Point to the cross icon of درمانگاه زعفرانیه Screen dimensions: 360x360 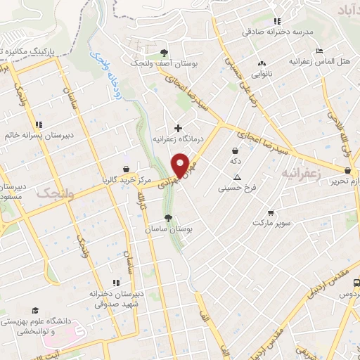[x=179, y=128]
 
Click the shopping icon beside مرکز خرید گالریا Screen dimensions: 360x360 [x=126, y=169]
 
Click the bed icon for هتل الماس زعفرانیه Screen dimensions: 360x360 [x=319, y=51]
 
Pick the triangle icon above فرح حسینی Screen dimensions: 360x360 [x=237, y=176]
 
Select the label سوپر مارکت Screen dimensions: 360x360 [x=271, y=223]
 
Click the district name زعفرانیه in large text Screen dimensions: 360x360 [x=307, y=172]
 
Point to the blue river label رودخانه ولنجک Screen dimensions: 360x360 [x=103, y=68]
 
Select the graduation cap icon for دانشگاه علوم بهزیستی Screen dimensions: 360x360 [x=34, y=310]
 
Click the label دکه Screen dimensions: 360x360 [x=235, y=161]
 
